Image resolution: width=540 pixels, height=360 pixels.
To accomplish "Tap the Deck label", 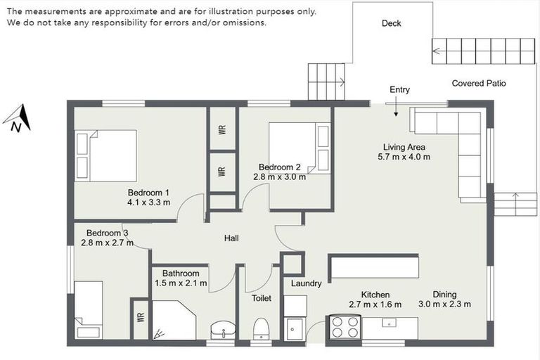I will tap(391, 24).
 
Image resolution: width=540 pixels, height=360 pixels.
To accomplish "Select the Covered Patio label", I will tap(478, 83).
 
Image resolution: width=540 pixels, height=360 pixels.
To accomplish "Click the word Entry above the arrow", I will tap(399, 90).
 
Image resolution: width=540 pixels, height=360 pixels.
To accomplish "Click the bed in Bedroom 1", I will tap(105, 155).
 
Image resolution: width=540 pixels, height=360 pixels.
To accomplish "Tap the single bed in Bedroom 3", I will tap(89, 310).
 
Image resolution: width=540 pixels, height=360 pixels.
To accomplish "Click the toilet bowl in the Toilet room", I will tap(261, 329).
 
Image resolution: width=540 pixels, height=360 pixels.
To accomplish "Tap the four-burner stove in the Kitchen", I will tap(345, 327).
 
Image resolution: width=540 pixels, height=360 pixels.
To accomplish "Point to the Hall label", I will tap(231, 238).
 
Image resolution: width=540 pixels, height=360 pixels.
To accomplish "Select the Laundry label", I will tap(306, 284).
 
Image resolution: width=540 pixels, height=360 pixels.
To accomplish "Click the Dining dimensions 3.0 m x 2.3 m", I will tap(444, 304).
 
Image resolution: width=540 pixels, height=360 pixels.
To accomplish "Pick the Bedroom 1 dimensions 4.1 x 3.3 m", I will tap(148, 202).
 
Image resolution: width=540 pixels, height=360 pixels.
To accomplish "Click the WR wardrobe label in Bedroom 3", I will tap(140, 319).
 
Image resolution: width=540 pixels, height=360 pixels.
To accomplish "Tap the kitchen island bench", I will tap(373, 266).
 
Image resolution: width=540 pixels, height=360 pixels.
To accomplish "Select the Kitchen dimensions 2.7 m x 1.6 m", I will tap(375, 304).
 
